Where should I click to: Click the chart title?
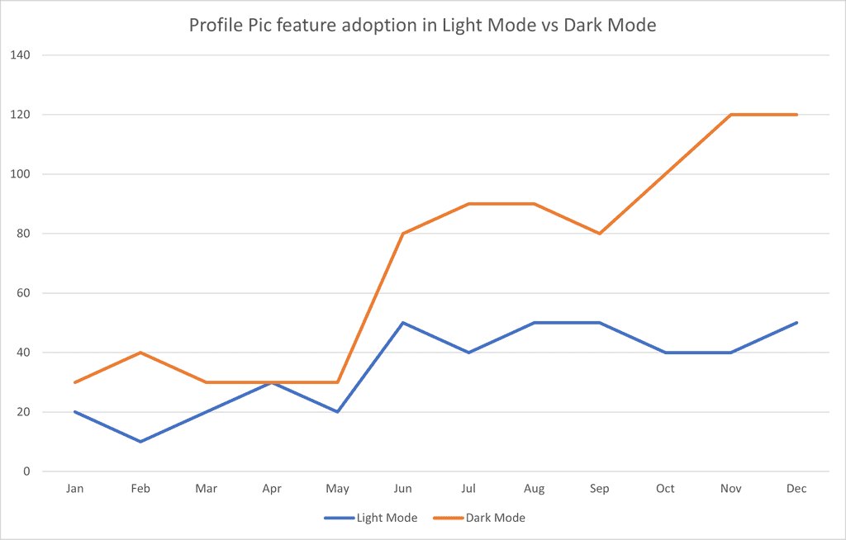(x=422, y=26)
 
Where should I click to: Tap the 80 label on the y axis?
(x=22, y=234)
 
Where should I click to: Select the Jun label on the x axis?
(x=403, y=489)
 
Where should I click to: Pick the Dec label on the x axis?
(x=796, y=489)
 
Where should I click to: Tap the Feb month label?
(x=140, y=489)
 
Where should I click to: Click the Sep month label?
(x=600, y=489)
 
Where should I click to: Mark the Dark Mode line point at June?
(x=403, y=234)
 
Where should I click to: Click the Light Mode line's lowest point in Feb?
(x=140, y=442)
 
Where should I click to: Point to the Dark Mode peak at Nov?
(x=731, y=115)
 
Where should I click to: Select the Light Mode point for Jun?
(x=403, y=323)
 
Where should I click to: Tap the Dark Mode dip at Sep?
(x=600, y=234)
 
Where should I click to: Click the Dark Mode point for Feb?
(x=140, y=353)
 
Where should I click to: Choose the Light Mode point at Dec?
(x=796, y=323)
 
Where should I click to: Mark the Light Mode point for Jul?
(x=468, y=353)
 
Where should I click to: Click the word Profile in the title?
(x=216, y=26)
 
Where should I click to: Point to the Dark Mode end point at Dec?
(x=796, y=115)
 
